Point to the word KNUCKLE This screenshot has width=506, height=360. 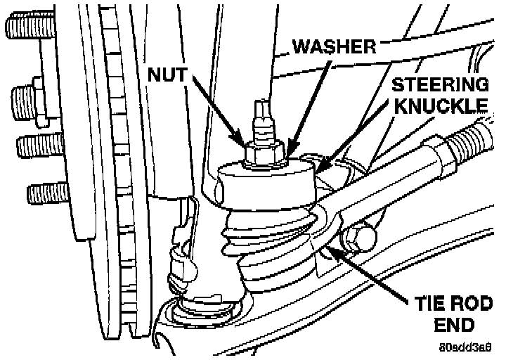(x=441, y=107)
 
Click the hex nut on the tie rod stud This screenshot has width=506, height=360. (x=264, y=152)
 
